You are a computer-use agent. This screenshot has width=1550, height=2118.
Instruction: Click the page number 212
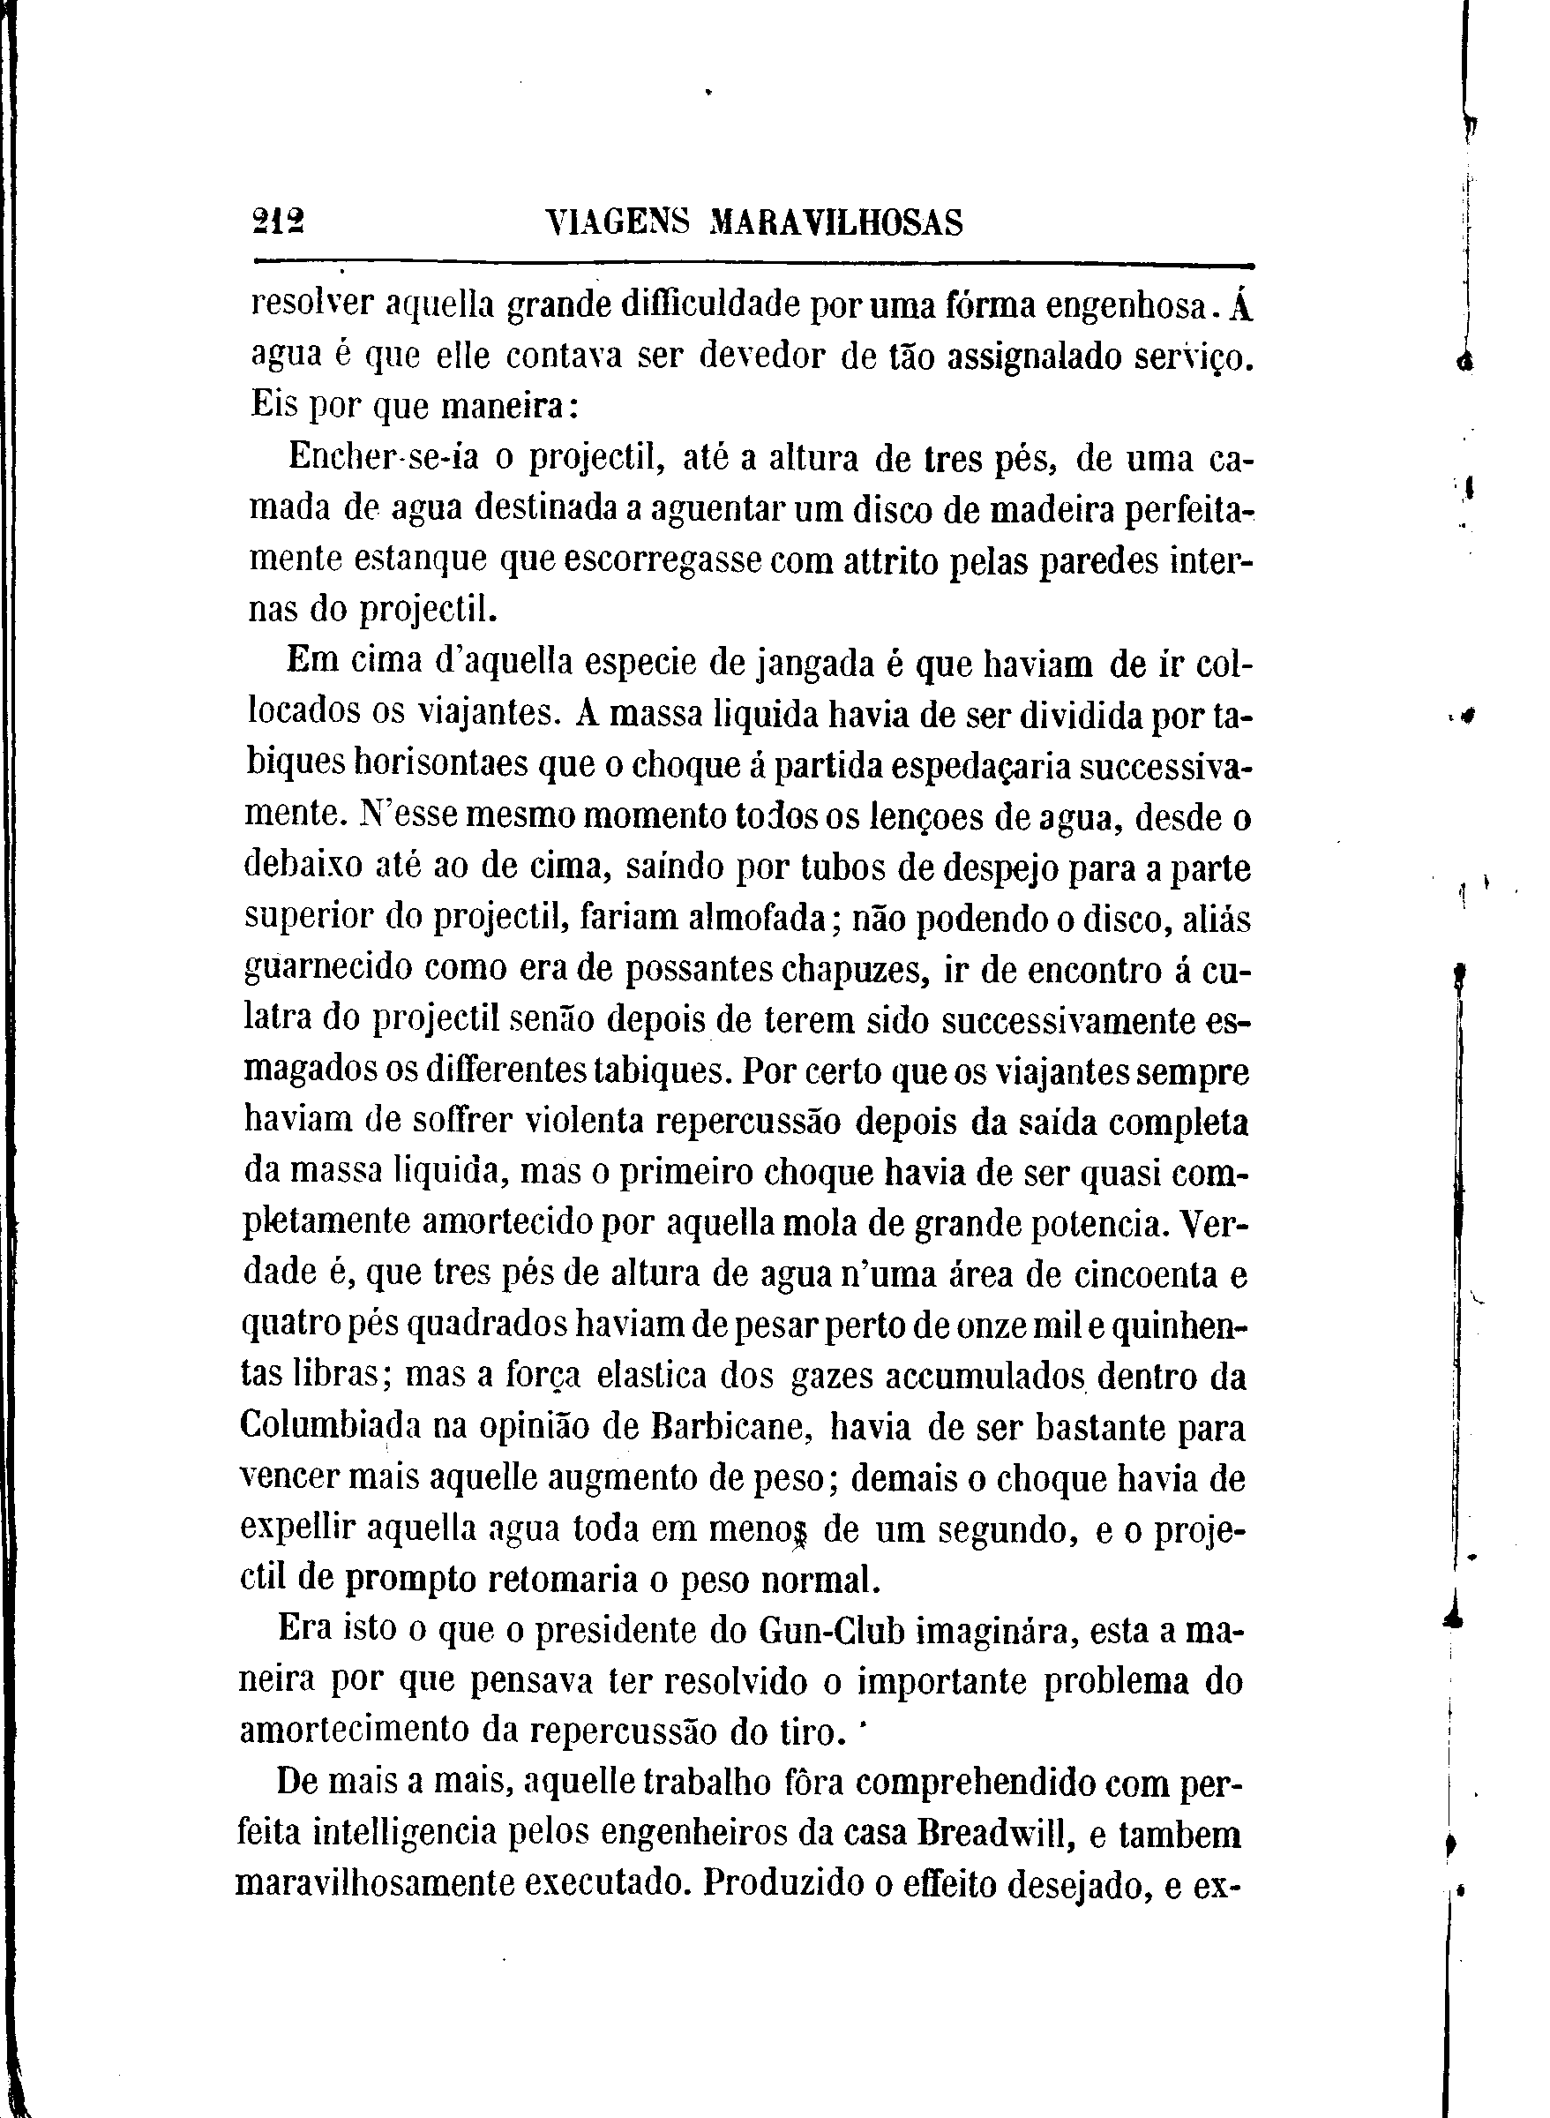pyautogui.click(x=278, y=224)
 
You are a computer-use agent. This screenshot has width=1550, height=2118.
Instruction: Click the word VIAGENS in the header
pyautogui.click(x=617, y=223)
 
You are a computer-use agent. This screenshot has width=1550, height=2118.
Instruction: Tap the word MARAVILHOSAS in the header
pyautogui.click(x=837, y=223)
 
